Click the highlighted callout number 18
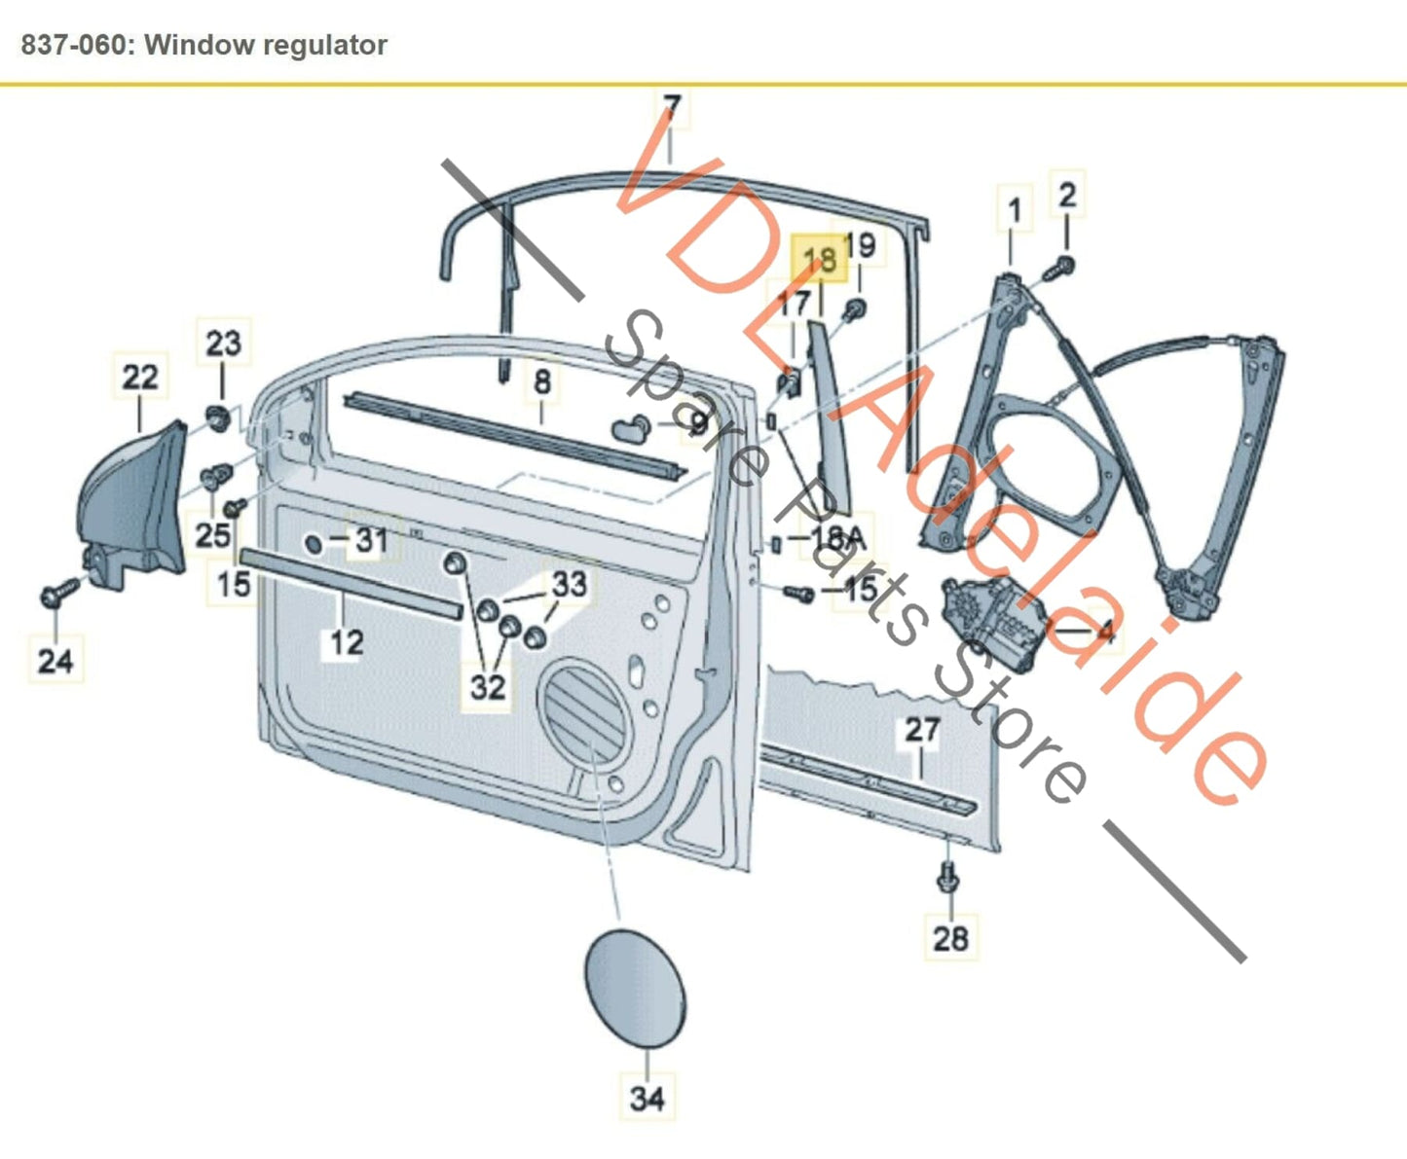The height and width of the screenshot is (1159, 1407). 819,259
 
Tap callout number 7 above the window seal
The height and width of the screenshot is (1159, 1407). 672,106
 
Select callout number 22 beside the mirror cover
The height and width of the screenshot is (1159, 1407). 140,377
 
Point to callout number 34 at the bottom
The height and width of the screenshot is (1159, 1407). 647,1098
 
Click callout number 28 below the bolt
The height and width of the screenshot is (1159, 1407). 950,938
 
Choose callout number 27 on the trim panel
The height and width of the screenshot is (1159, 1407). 921,730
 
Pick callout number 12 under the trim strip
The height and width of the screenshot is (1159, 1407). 346,641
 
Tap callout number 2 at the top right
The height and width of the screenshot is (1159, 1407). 1067,196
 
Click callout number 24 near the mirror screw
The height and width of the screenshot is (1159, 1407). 56,661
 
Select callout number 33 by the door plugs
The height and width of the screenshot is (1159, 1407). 569,584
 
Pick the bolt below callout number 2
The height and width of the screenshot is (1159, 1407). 1062,265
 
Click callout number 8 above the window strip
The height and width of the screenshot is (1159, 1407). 542,381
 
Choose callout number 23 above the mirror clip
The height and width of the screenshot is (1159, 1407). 223,343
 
